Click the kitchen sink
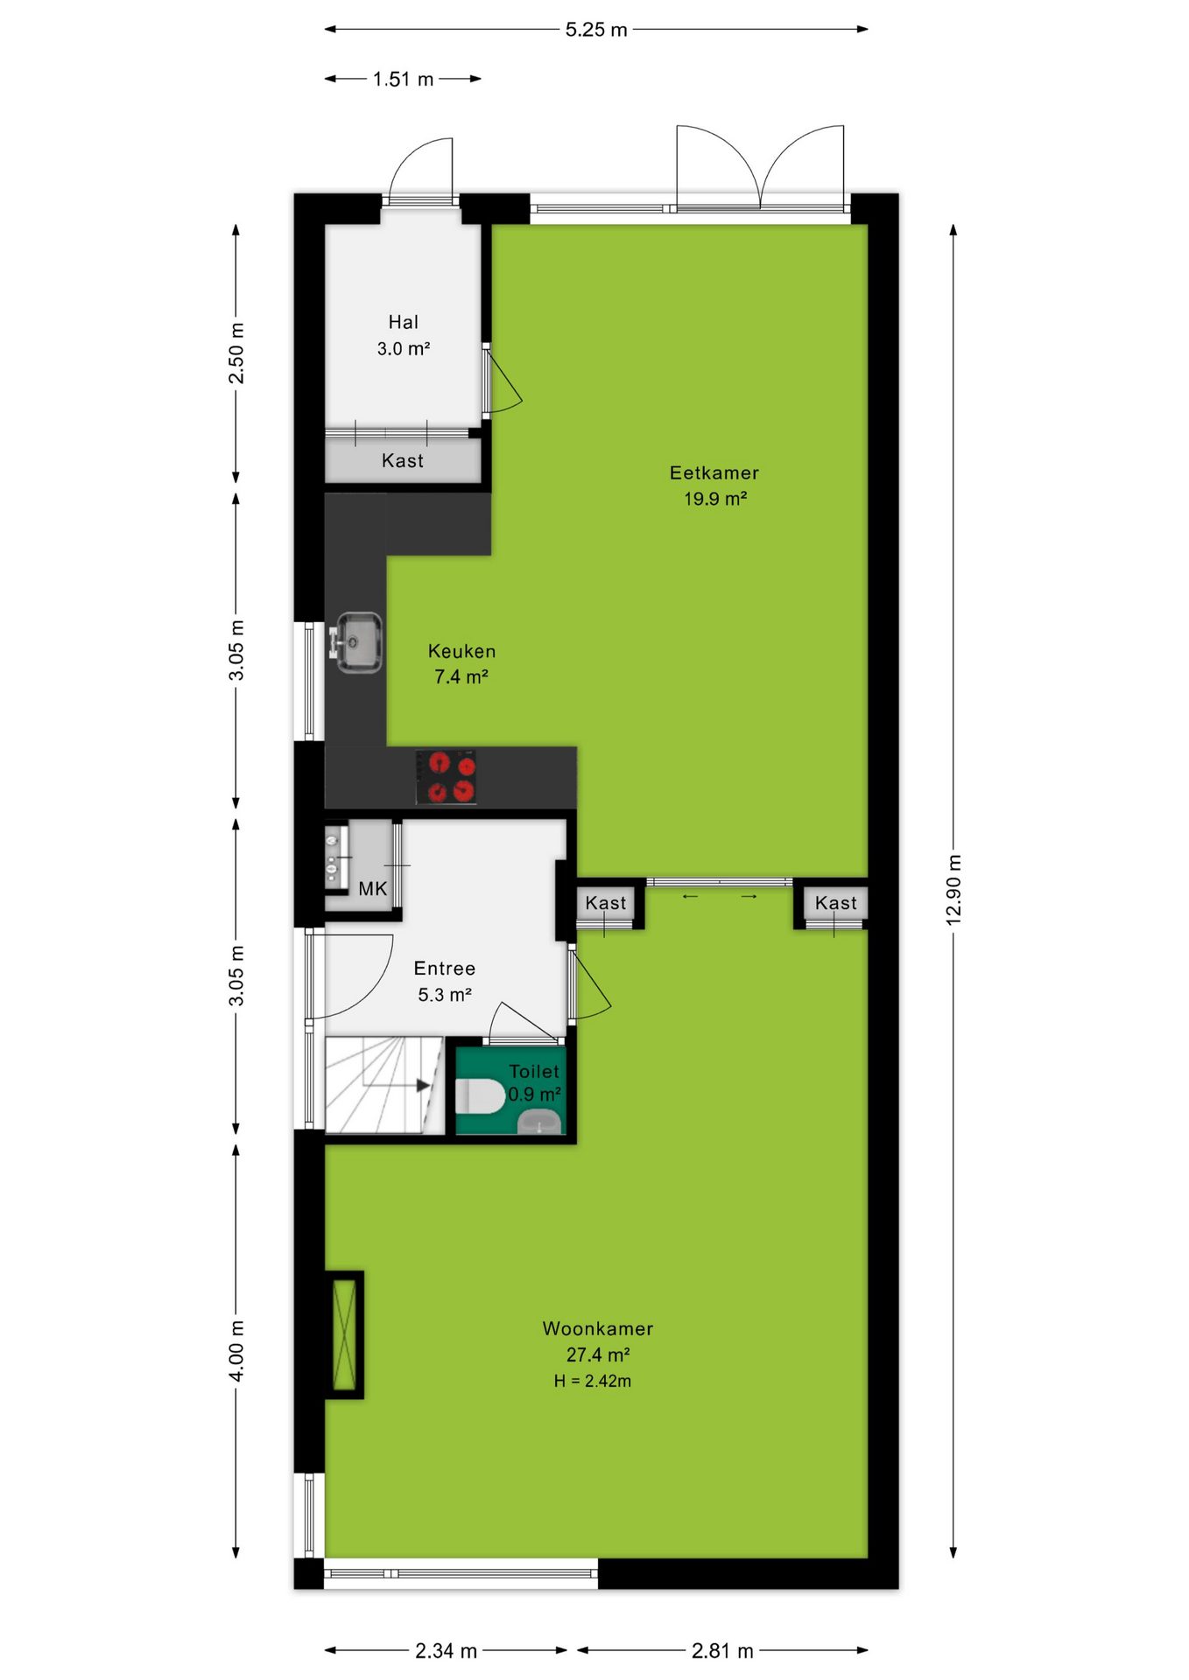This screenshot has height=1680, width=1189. [x=358, y=642]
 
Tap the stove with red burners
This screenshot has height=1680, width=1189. [x=447, y=777]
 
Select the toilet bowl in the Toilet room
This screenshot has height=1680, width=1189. [x=480, y=1095]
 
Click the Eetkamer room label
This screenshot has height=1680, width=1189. [x=714, y=473]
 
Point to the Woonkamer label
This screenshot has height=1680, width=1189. [x=598, y=1329]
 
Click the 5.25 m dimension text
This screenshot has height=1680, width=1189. [x=596, y=30]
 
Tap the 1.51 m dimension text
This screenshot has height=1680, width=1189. [x=404, y=80]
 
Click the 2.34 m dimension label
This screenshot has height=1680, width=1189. [x=447, y=1651]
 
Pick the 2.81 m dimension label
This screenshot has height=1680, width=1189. [x=722, y=1651]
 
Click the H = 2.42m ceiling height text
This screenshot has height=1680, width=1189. [x=593, y=1382]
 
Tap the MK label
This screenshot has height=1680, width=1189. [x=373, y=889]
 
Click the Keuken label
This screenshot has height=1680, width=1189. [x=462, y=652]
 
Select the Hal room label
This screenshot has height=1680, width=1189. [x=404, y=323]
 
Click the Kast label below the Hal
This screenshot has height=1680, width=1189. [x=403, y=461]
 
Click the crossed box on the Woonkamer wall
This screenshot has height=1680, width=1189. [x=344, y=1335]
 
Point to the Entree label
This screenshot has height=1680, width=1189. [x=445, y=969]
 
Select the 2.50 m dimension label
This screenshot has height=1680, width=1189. [x=236, y=353]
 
